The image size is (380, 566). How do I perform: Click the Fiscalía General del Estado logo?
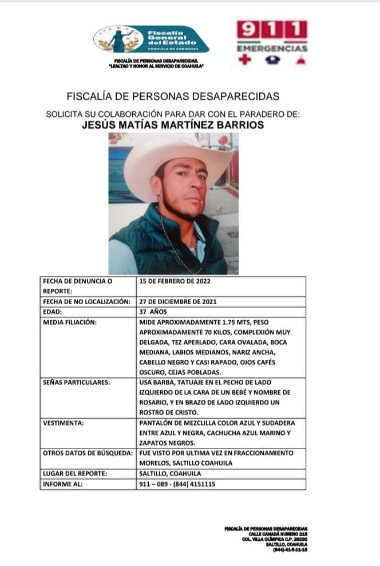(151, 38)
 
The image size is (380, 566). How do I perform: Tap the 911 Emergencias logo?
(272, 41)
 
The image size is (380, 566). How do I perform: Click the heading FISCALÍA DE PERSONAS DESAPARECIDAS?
(173, 96)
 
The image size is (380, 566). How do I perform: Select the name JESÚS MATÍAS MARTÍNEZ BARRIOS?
(173, 125)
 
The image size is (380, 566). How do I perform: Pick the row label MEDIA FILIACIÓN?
(70, 322)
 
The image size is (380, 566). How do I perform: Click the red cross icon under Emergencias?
(244, 60)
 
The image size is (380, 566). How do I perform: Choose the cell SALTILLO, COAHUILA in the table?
(171, 474)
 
